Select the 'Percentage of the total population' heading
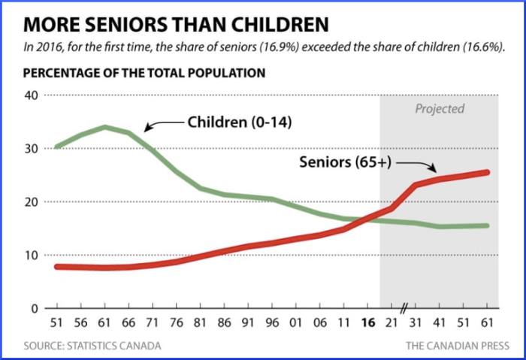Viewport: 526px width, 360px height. (144, 74)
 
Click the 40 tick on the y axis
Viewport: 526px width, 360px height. (31, 95)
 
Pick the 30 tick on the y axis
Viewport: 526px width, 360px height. (31, 149)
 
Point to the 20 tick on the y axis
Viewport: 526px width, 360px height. (31, 202)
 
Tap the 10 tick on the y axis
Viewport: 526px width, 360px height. (31, 256)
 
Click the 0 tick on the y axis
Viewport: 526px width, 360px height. (34, 308)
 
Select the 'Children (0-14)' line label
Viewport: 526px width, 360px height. (230, 122)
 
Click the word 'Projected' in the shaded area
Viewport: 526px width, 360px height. (440, 109)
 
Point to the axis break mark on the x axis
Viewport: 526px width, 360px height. (404, 309)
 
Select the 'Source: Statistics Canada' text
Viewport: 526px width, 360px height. (92, 346)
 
